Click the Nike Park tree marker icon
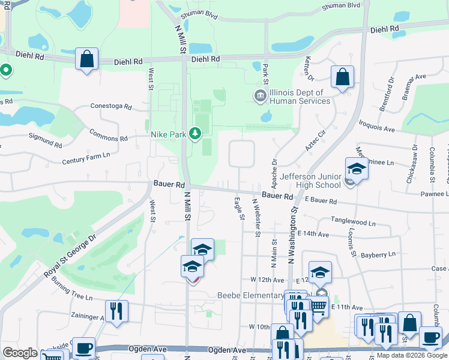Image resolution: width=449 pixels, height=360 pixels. click(x=194, y=134)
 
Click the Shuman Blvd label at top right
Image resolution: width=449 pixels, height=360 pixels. click(x=341, y=5)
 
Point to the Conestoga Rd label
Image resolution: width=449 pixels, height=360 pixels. click(x=110, y=106)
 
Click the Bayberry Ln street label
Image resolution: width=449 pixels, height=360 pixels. click(x=378, y=254)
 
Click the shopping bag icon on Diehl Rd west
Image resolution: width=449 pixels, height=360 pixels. click(x=87, y=59)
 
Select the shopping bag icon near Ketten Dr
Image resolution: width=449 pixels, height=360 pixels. click(x=342, y=77)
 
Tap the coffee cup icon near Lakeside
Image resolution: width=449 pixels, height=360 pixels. click(x=83, y=347)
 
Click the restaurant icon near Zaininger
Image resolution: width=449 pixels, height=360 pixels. click(x=116, y=311)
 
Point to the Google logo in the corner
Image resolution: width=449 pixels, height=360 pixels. click(x=20, y=353)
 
